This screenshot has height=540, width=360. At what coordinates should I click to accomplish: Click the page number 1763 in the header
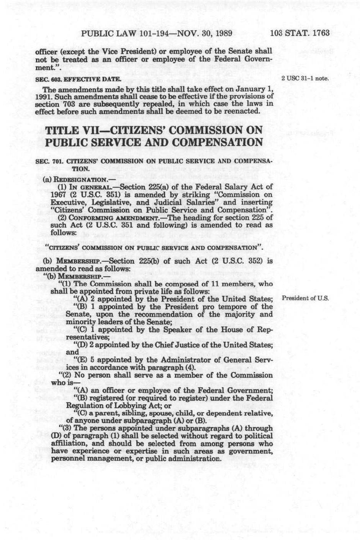(321, 33)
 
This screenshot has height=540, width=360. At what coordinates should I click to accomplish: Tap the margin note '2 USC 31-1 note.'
(305, 79)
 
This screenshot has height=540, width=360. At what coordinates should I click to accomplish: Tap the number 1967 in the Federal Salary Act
(59, 194)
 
